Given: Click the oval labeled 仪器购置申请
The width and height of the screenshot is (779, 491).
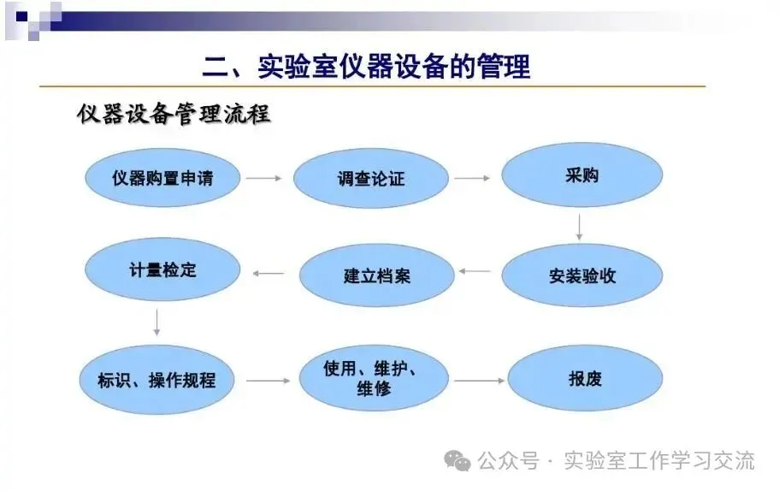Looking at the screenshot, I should [x=162, y=178].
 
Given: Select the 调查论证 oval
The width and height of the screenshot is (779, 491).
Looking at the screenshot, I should [x=371, y=179].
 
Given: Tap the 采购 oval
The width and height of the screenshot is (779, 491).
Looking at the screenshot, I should [x=581, y=176].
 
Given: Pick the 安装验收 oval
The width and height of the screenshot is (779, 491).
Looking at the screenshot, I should [x=582, y=276].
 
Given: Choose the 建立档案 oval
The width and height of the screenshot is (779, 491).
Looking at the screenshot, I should [x=376, y=276].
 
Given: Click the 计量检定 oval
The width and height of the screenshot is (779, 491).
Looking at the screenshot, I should [x=162, y=270].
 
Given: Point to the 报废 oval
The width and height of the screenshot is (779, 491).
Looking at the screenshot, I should [x=586, y=379].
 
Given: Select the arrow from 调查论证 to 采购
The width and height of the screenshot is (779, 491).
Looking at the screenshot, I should [x=472, y=178].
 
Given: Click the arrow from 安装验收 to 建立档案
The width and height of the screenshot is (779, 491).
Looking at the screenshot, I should [x=475, y=271].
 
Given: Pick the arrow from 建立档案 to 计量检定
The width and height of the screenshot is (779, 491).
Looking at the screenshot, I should [x=269, y=274].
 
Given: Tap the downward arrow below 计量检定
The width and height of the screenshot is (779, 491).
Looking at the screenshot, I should [x=157, y=322].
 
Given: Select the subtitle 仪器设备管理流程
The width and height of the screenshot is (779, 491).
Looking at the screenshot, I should [x=174, y=115].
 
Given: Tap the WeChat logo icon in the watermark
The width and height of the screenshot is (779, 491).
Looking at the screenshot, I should [x=461, y=462].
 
